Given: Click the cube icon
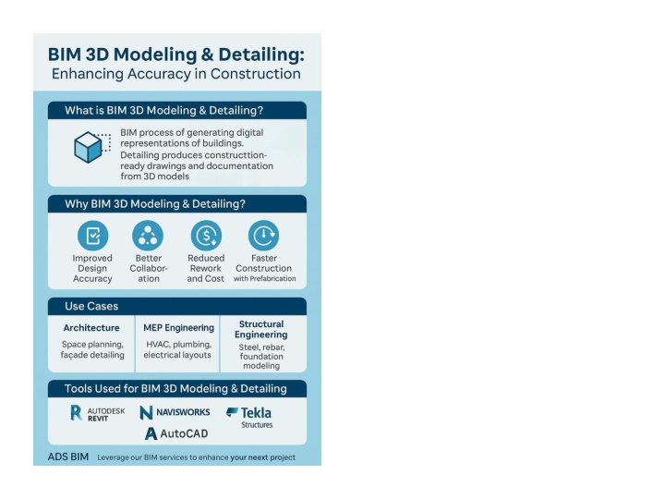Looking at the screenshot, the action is [x=89, y=147].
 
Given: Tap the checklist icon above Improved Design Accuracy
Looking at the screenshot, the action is [x=93, y=236].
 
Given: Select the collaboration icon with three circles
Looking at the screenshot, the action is [x=148, y=236].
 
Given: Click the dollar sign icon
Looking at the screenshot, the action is [x=206, y=236].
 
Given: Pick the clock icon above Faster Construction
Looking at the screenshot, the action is [x=263, y=236].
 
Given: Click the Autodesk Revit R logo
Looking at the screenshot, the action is [x=76, y=412].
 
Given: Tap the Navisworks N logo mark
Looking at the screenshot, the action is [x=146, y=412].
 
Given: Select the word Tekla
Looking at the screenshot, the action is [x=256, y=412].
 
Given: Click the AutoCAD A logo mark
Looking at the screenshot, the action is [x=151, y=433].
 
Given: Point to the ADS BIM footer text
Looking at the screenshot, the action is [x=68, y=456].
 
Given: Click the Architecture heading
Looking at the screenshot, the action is [x=91, y=327].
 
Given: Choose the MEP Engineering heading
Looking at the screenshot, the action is [x=178, y=327].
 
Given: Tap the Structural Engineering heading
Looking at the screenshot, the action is [x=260, y=329].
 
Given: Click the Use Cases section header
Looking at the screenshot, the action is [x=91, y=306].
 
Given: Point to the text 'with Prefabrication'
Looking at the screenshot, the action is [x=265, y=278].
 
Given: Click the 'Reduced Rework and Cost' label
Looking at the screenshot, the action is [x=206, y=268].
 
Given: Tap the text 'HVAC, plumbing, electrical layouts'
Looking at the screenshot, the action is [x=177, y=349].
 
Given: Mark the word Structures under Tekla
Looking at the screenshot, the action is [x=257, y=425].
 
